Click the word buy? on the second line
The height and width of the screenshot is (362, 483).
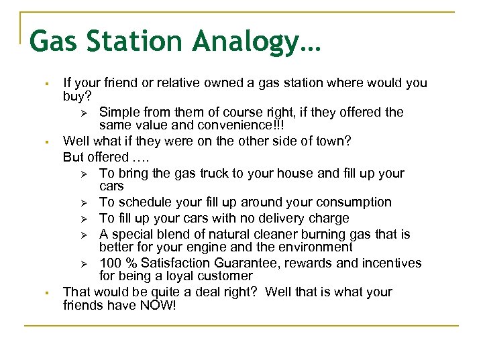[x=77, y=97]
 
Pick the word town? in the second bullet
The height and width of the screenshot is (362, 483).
[x=332, y=141]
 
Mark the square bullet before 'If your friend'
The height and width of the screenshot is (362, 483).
[x=40, y=84]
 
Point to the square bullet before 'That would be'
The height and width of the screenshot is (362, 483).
[x=40, y=292]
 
